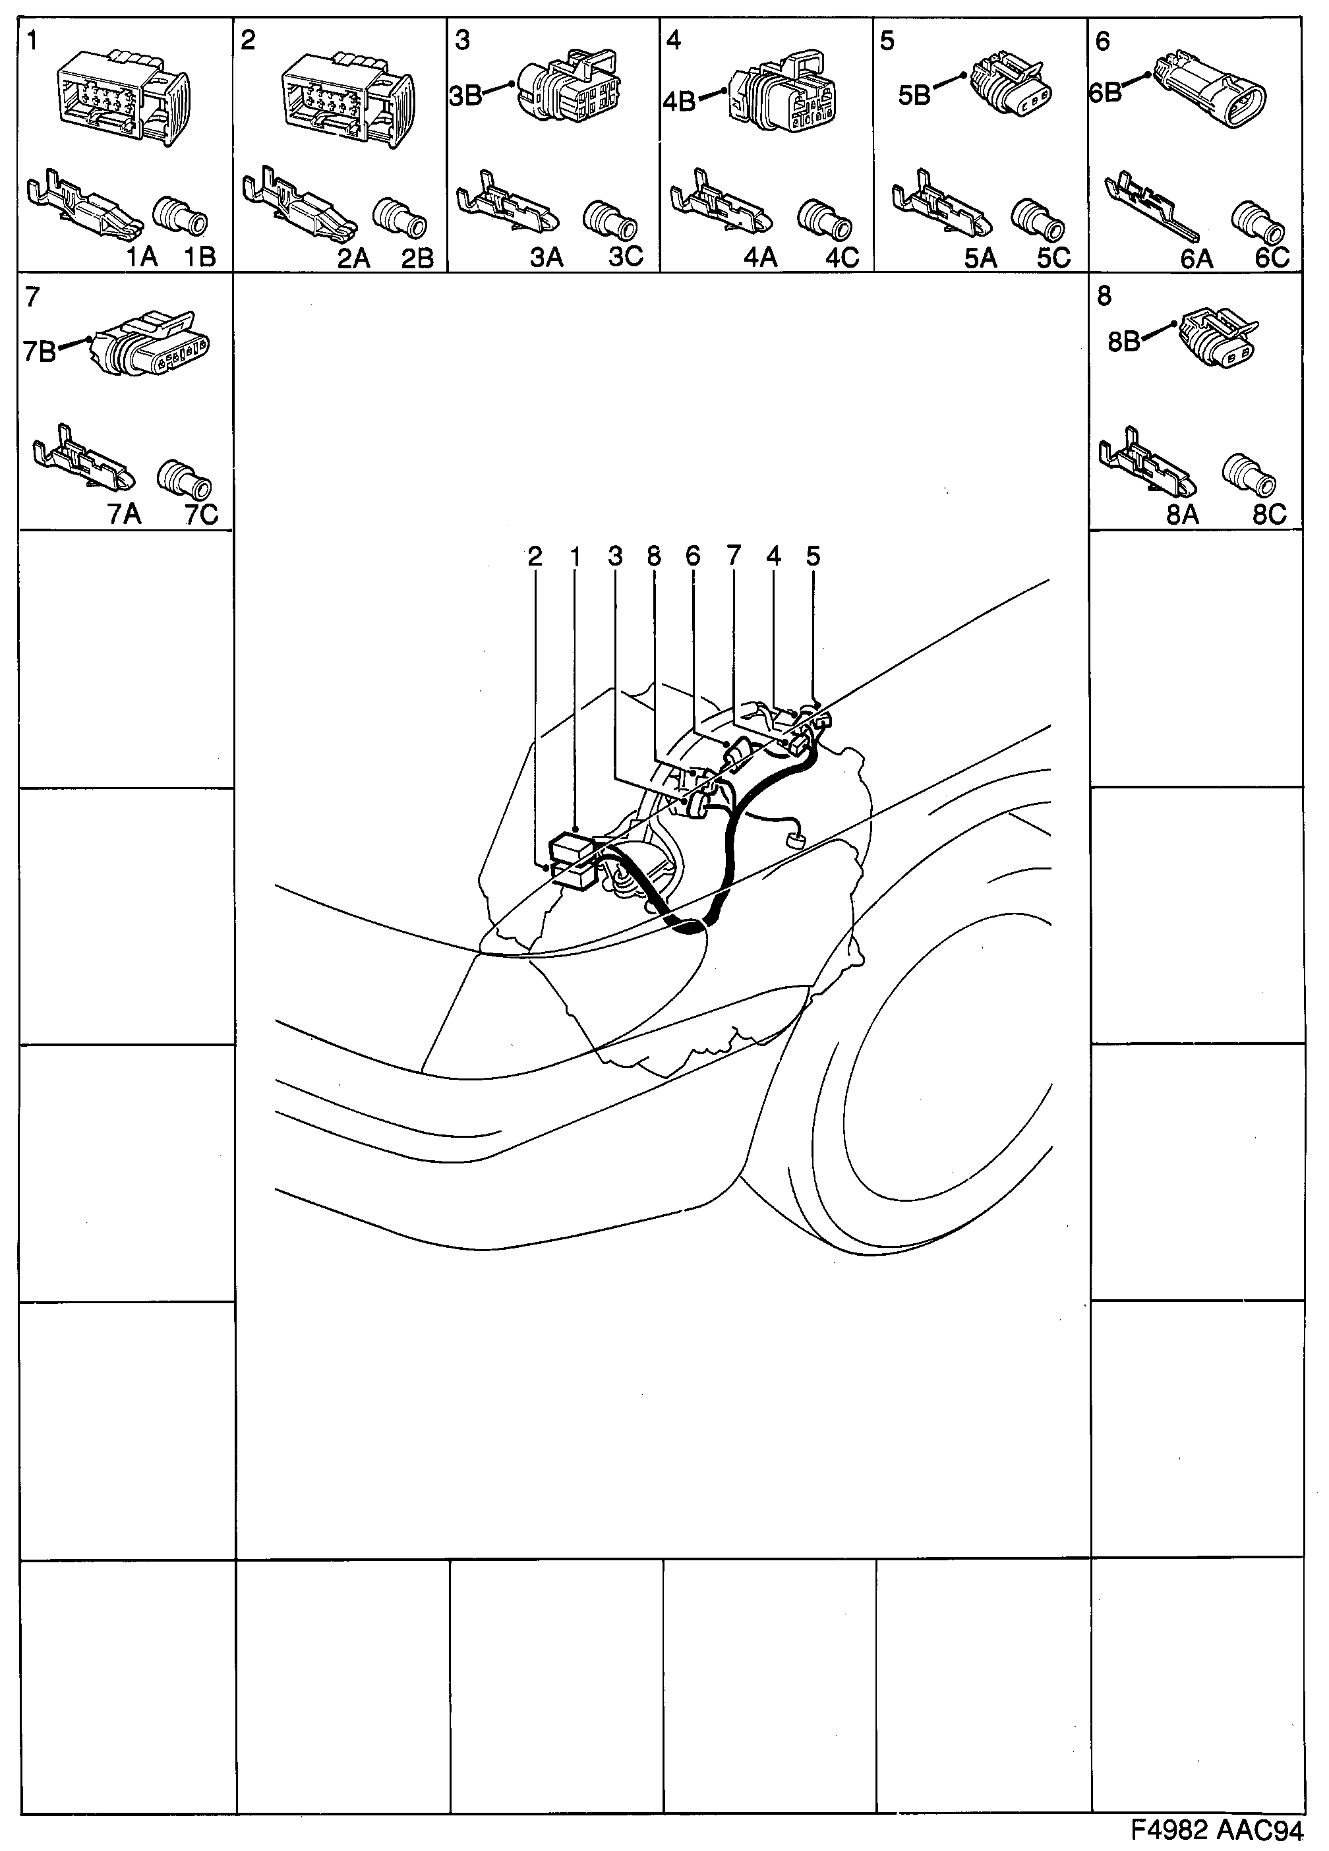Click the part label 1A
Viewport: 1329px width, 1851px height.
point(140,257)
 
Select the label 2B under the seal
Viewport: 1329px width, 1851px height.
point(417,258)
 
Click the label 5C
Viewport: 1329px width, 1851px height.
point(1053,258)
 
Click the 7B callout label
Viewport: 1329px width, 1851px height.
point(39,352)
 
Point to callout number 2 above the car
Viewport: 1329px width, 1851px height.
point(535,556)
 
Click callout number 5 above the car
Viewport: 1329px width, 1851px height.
point(812,556)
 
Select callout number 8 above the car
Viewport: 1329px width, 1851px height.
point(653,556)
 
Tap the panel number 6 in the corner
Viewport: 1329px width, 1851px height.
point(1103,41)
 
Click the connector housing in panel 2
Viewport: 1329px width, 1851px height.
point(347,98)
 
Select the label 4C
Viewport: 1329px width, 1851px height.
point(842,258)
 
